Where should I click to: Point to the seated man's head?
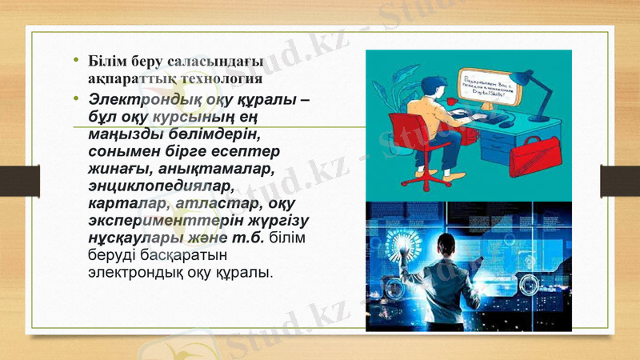(433, 78)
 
